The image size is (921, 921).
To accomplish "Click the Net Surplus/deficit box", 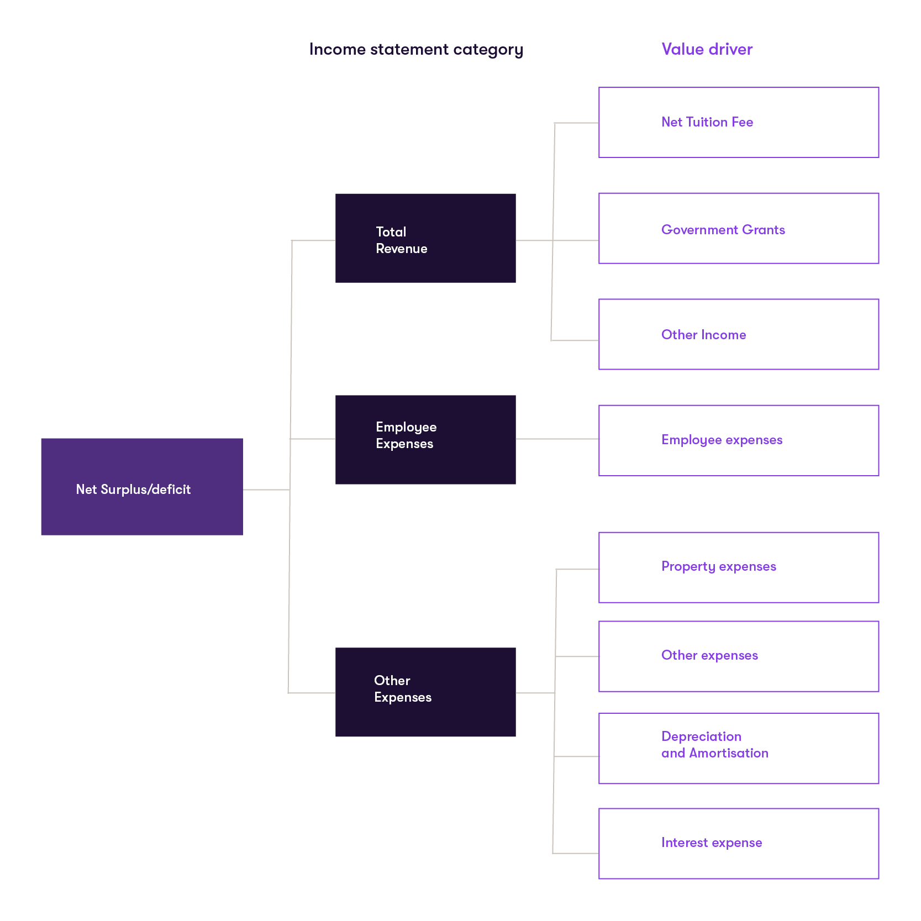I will tap(141, 486).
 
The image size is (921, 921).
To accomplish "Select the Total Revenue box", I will tap(425, 238).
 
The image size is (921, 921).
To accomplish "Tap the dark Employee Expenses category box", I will tap(425, 439).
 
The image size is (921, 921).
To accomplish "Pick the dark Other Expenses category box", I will tap(425, 692).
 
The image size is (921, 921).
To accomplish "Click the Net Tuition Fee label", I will tap(707, 122).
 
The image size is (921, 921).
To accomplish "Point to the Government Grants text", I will tap(723, 230).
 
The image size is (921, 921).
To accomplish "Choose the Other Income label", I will tap(703, 335).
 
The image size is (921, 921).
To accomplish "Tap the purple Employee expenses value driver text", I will tap(722, 440).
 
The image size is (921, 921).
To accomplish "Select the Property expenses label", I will tap(718, 567).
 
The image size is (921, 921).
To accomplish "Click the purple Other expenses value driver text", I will tap(709, 655).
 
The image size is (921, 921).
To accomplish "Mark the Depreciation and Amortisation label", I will tap(714, 745).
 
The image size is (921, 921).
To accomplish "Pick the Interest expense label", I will tap(712, 843).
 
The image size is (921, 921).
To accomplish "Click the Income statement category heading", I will tap(415, 50).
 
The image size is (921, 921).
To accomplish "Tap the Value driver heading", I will tap(707, 49).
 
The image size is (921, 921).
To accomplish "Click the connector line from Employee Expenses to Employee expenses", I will tap(557, 439).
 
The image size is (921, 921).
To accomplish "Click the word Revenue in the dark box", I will tap(401, 249).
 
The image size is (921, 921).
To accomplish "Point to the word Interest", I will tap(685, 843).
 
